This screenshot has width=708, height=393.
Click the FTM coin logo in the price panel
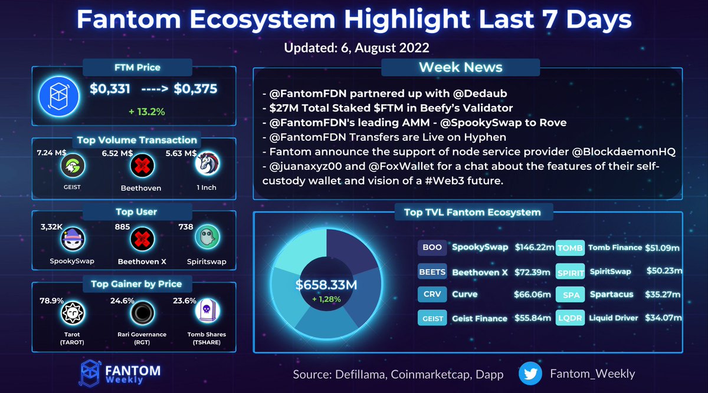click(54, 95)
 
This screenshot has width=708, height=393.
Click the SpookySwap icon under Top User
click(72, 237)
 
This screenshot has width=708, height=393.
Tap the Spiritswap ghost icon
click(207, 237)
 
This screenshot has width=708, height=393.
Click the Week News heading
click(460, 67)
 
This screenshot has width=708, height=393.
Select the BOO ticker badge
click(432, 247)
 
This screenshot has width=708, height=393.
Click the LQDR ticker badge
click(571, 318)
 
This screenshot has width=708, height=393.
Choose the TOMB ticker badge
click(571, 248)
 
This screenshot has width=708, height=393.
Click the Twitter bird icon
click(531, 374)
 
